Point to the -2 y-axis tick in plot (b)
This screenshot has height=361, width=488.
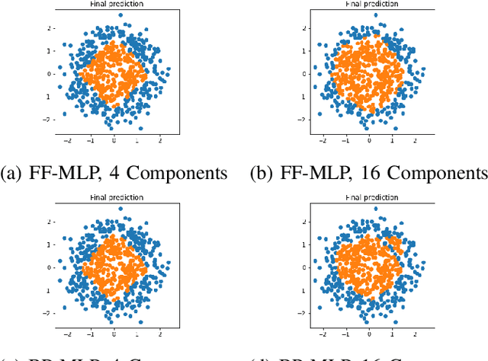303,120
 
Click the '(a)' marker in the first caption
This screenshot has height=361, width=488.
13,174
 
